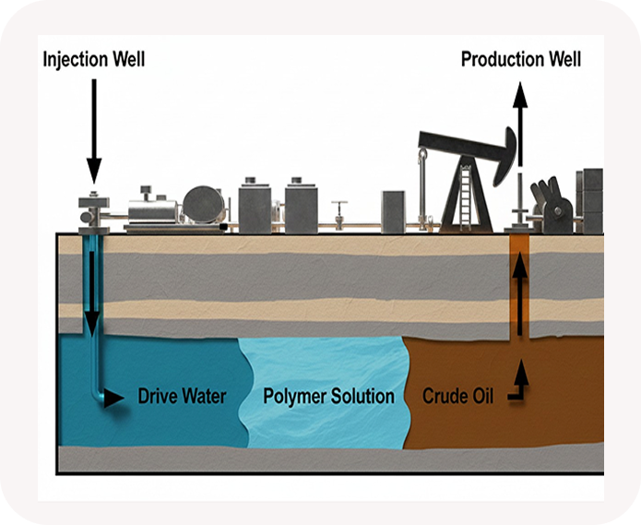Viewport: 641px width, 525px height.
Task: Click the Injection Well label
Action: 94,61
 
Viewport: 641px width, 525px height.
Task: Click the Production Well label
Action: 521,61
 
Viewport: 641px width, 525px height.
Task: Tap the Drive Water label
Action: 182,398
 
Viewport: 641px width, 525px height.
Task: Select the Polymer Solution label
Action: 328,398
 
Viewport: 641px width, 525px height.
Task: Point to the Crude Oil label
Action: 458,398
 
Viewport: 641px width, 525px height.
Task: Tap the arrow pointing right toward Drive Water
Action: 113,399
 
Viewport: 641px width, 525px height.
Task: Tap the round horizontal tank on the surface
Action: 203,204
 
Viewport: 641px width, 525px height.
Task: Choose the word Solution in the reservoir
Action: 361,398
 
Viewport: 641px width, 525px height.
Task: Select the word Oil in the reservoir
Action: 481,398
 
